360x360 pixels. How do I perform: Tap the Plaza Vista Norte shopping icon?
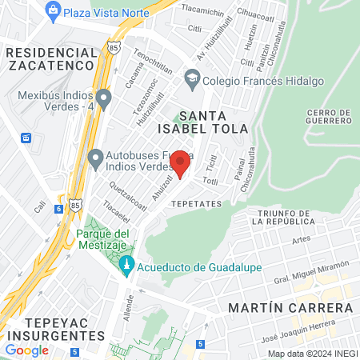53,10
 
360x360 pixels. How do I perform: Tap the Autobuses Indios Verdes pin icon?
95,156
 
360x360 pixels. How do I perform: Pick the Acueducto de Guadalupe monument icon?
126,265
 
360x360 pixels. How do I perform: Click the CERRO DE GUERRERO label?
328,115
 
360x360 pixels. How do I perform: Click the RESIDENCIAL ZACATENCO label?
51,58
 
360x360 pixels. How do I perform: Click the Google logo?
26,350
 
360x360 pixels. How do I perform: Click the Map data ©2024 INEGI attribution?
311,354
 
